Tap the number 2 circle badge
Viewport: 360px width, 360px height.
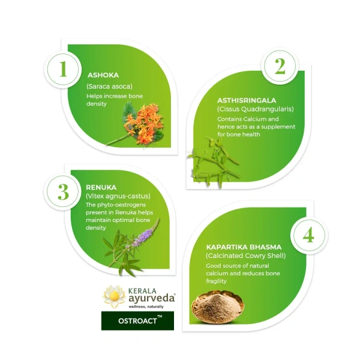click(280, 67)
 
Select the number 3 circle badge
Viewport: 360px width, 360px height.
click(64, 193)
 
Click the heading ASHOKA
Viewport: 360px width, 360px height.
click(103, 76)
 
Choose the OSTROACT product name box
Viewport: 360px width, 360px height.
click(137, 320)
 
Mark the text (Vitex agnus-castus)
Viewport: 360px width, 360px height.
click(118, 196)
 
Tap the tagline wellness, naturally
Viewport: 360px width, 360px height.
click(145, 306)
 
